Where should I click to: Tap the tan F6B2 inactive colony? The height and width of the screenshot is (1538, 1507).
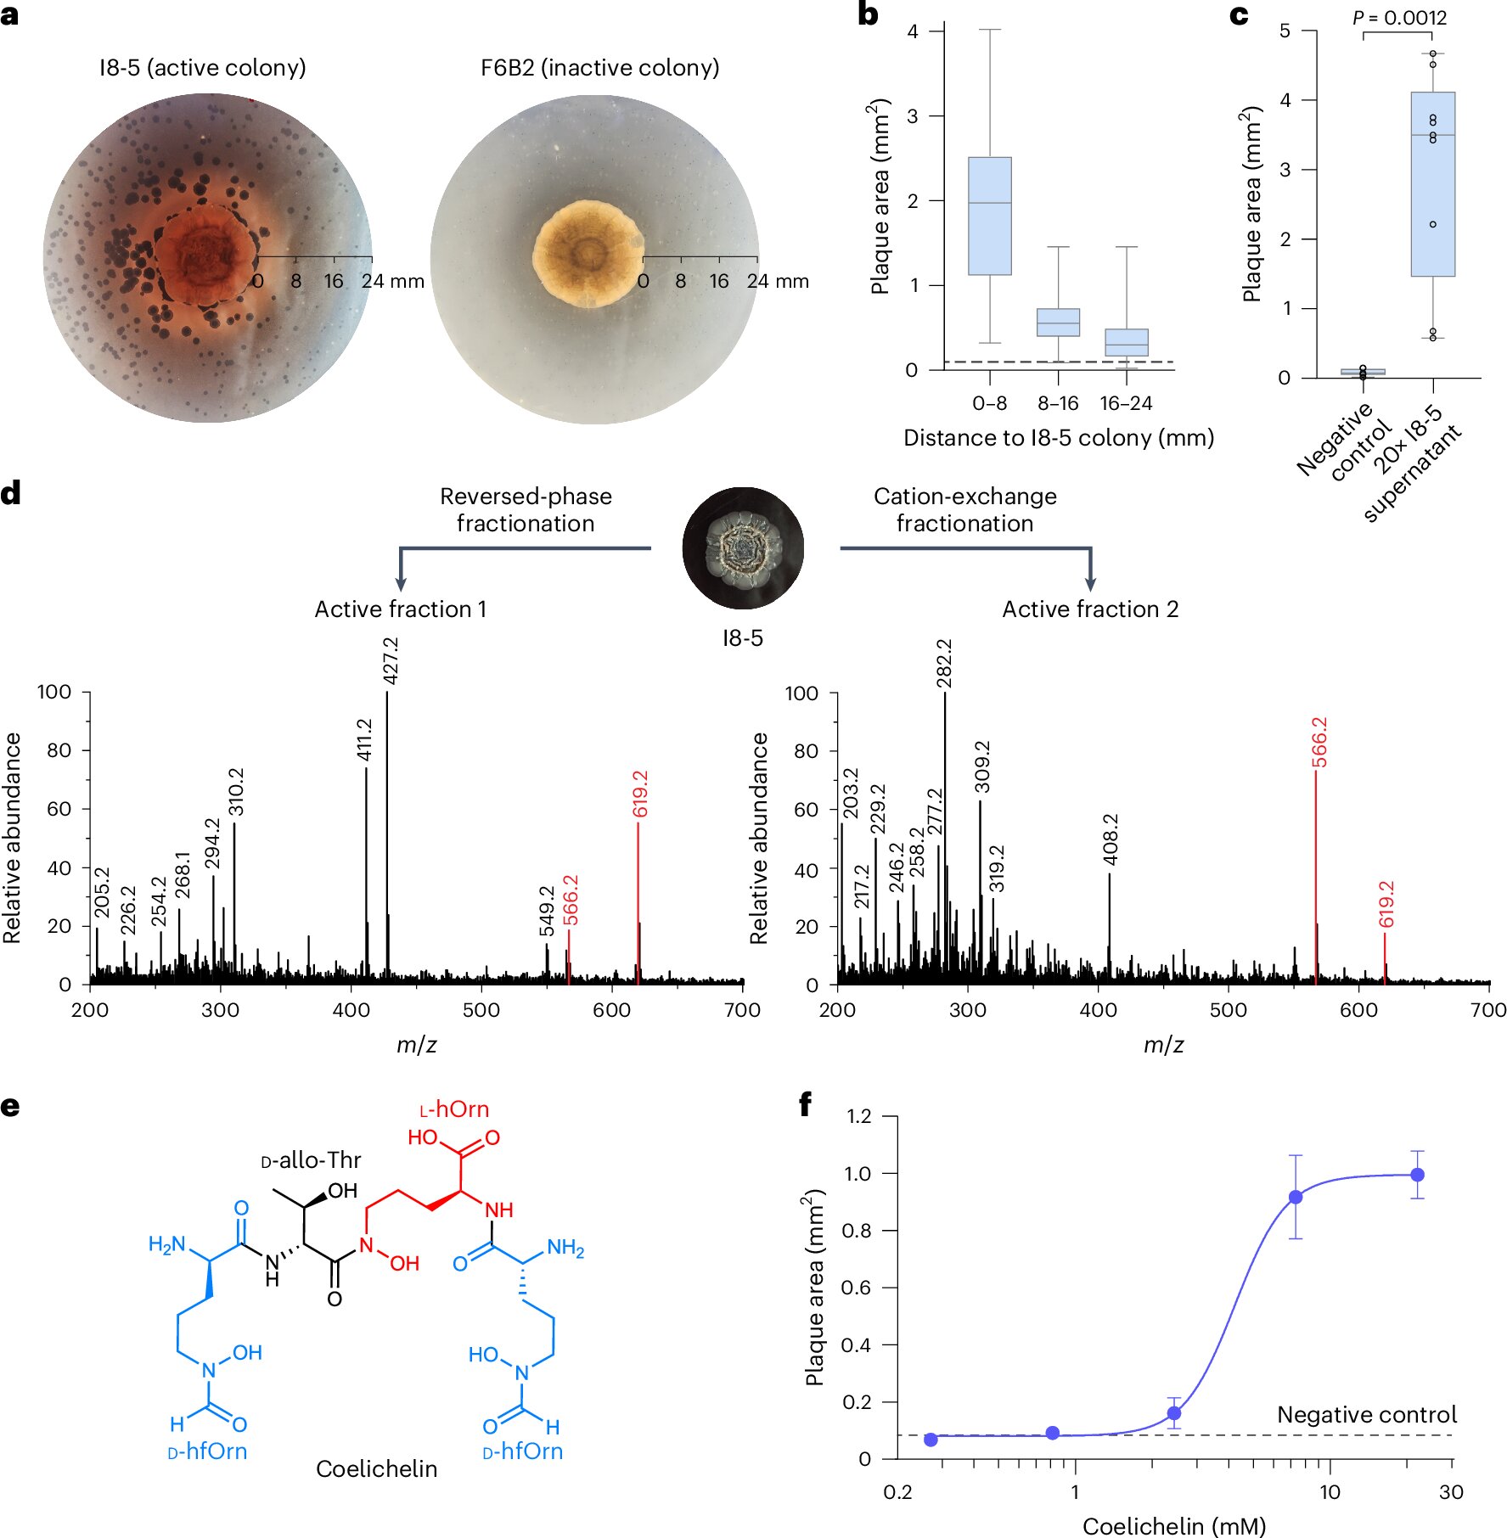(588, 253)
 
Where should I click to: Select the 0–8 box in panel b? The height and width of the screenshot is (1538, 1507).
(990, 216)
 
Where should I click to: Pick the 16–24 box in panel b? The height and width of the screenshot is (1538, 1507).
(1127, 342)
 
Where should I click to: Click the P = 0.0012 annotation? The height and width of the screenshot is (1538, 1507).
(1400, 17)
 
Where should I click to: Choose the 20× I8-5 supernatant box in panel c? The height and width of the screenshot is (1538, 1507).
(1432, 184)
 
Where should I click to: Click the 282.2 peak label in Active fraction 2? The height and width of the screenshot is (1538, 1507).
(944, 664)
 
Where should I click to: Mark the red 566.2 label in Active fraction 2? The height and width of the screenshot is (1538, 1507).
(1319, 742)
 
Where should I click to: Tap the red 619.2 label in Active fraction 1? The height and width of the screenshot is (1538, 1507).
(640, 794)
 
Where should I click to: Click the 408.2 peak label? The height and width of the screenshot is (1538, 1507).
(1111, 839)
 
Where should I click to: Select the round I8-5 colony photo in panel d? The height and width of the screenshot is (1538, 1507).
(743, 548)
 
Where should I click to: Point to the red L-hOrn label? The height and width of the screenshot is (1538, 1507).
(454, 1109)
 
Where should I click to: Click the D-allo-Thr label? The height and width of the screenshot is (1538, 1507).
(311, 1160)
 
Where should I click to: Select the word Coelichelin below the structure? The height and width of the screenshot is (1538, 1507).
(376, 1469)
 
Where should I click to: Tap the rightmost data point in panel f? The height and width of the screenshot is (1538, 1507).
(1417, 1175)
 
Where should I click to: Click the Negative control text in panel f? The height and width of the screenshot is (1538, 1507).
(1367, 1415)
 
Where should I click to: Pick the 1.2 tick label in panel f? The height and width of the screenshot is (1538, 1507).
(859, 1116)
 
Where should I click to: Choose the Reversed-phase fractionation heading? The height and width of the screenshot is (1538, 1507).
(526, 509)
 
